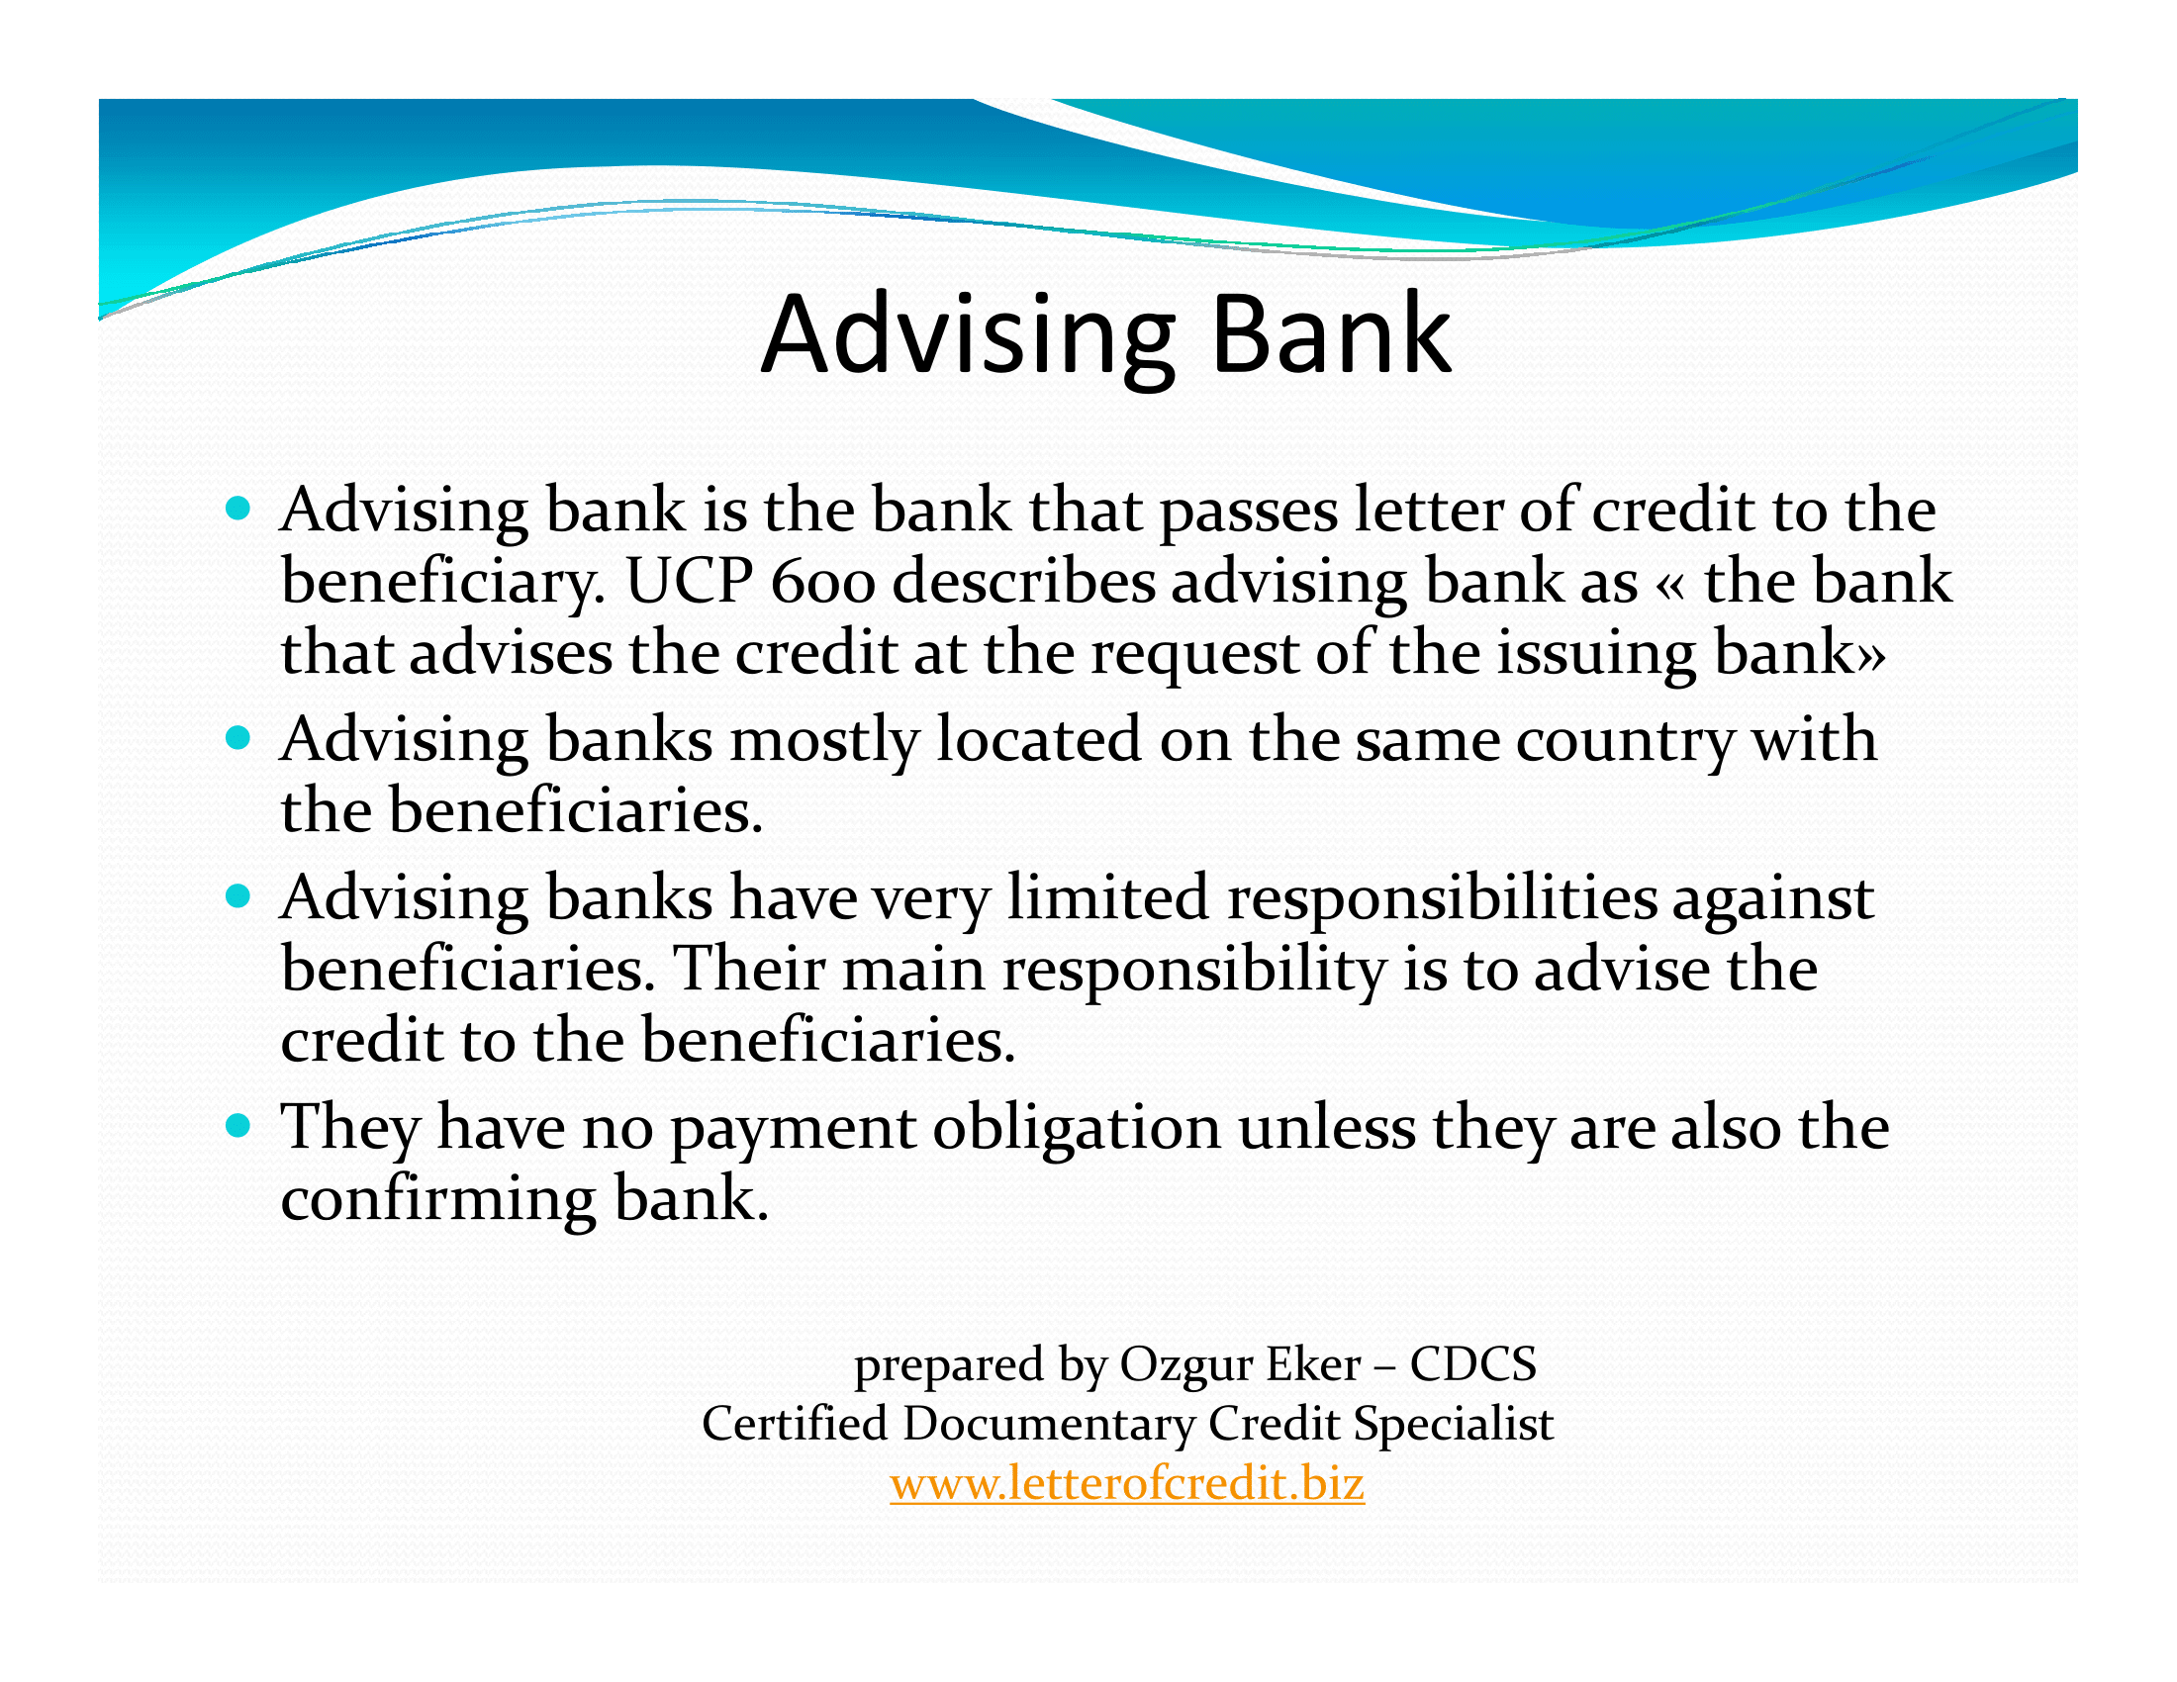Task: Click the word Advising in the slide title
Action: pyautogui.click(x=968, y=337)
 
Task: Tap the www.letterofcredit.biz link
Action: pyautogui.click(x=1127, y=1484)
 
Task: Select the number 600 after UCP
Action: pyautogui.click(x=823, y=582)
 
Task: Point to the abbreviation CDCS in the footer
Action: pyautogui.click(x=1473, y=1364)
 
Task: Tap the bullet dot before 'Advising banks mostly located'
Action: pyautogui.click(x=237, y=738)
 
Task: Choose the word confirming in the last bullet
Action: pyautogui.click(x=438, y=1200)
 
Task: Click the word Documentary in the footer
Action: pyautogui.click(x=1049, y=1425)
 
